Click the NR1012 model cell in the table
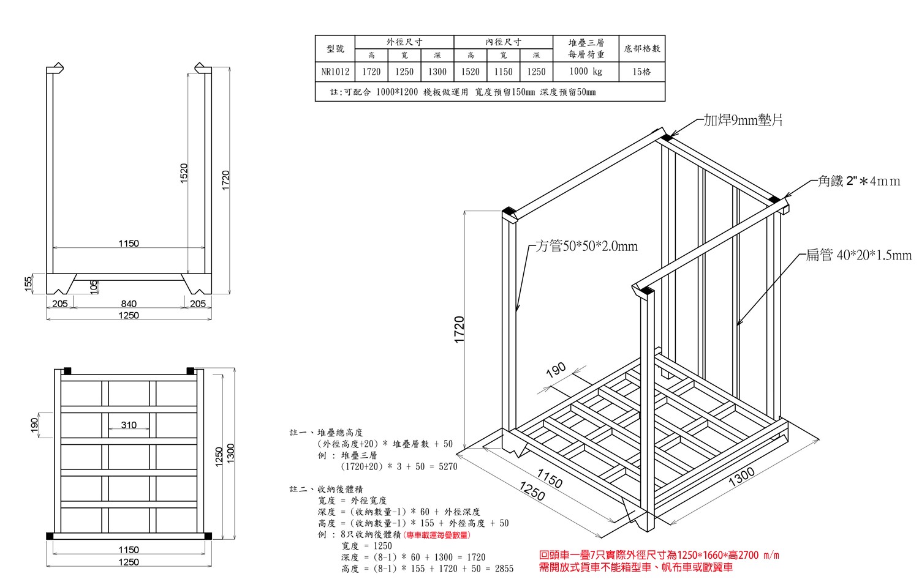pyautogui.click(x=335, y=72)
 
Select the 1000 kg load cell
pyautogui.click(x=586, y=72)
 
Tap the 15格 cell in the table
pyautogui.click(x=641, y=72)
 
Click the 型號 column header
pyautogui.click(x=335, y=49)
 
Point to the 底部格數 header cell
pyautogui.click(x=641, y=49)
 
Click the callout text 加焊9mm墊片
pyautogui.click(x=743, y=120)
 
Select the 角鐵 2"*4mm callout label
pyautogui.click(x=859, y=181)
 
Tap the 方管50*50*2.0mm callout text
pyautogui.click(x=587, y=246)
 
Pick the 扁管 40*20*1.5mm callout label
pyautogui.click(x=859, y=255)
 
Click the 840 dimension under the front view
pyautogui.click(x=129, y=304)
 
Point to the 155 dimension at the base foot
pyautogui.click(x=28, y=283)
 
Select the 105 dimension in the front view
pyautogui.click(x=94, y=287)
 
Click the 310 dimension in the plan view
pyautogui.click(x=129, y=425)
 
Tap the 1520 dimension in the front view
pyautogui.click(x=184, y=173)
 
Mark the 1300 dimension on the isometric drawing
pyautogui.click(x=741, y=477)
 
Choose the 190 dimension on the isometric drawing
pyautogui.click(x=556, y=370)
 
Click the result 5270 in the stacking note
pyautogui.click(x=448, y=466)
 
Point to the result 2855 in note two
pyautogui.click(x=504, y=569)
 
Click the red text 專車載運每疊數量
pyautogui.click(x=437, y=535)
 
